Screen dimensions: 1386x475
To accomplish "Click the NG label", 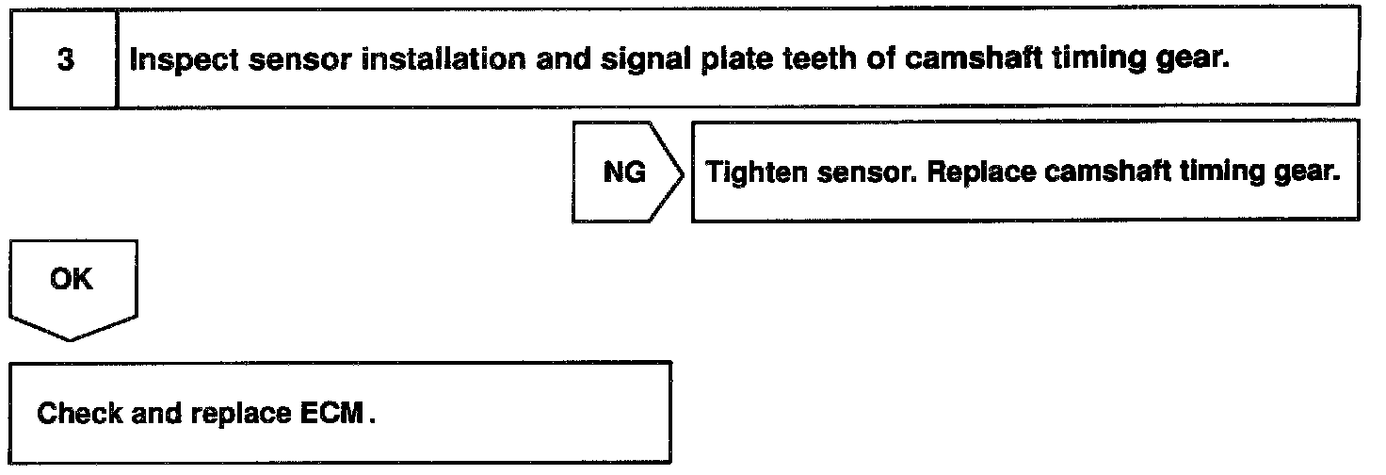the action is coord(623,173).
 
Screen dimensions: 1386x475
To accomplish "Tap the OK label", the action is coord(72,280).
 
